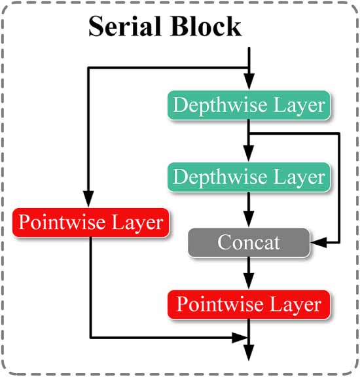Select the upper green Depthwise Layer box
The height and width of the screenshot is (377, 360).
(x=247, y=105)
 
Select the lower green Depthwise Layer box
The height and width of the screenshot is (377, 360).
(x=247, y=177)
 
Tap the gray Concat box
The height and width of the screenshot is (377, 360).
(x=249, y=243)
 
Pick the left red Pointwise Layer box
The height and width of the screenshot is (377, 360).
(x=91, y=223)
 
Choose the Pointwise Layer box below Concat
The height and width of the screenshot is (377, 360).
(x=249, y=304)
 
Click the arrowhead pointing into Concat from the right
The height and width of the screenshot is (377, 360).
(x=317, y=243)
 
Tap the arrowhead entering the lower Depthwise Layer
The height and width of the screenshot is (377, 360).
(x=249, y=156)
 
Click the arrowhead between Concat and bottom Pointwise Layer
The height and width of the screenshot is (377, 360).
(x=249, y=283)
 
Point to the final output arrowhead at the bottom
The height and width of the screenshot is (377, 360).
(x=249, y=355)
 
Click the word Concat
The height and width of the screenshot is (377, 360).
(x=249, y=243)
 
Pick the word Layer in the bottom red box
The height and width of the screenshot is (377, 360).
(x=297, y=304)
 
